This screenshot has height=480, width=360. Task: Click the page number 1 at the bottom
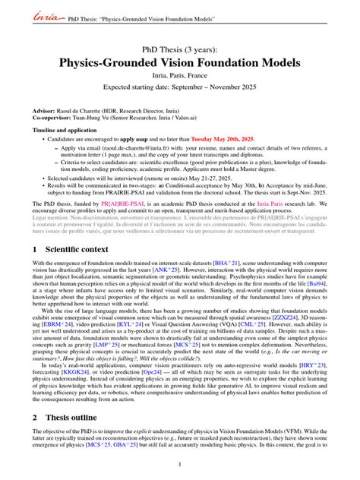click(x=179, y=465)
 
